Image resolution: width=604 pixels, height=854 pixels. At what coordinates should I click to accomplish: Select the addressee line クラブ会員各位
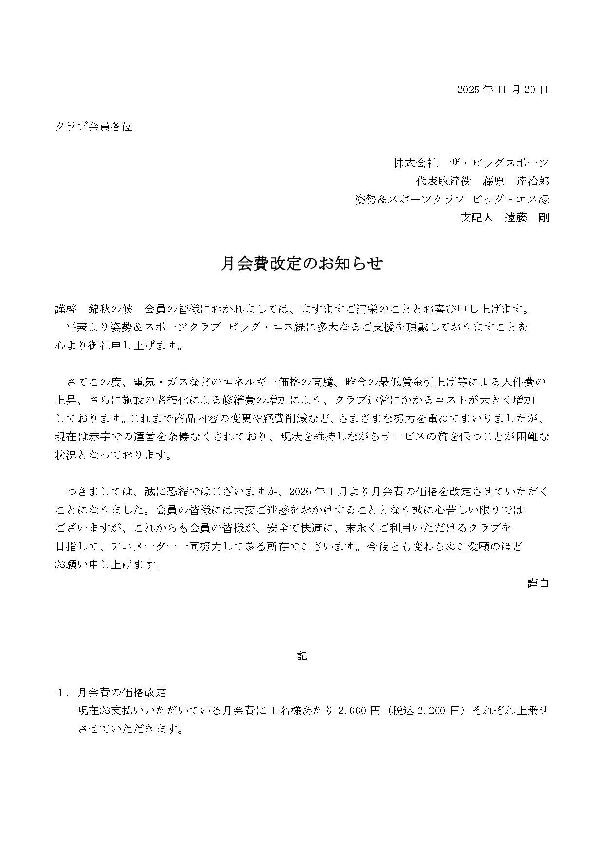(93, 127)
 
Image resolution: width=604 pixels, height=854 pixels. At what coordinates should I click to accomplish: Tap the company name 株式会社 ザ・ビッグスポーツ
(471, 163)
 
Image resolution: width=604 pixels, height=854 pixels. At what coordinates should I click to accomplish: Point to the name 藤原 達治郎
(515, 182)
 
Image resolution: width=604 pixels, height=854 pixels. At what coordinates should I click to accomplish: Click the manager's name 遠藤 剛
(527, 218)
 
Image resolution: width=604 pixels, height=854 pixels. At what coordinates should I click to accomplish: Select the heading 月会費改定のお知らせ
(302, 264)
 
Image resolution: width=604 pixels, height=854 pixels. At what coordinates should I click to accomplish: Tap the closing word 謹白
(538, 583)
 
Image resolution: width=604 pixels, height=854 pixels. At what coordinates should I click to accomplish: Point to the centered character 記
(302, 656)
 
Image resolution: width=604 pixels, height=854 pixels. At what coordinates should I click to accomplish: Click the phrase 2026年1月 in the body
(316, 491)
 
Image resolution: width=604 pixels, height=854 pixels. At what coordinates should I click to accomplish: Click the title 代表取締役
(443, 182)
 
